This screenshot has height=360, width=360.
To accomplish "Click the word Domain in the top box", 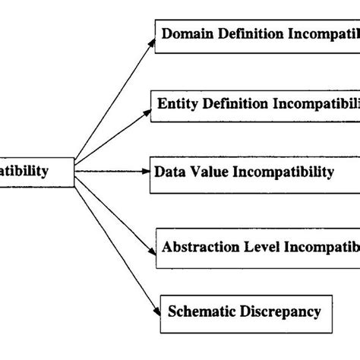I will (x=187, y=35).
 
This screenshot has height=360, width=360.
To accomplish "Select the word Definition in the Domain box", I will (x=250, y=35).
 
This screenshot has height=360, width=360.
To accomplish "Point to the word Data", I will (x=169, y=172).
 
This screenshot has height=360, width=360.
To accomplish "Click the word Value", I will (x=207, y=172).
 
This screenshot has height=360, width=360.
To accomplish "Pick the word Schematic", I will (x=201, y=311).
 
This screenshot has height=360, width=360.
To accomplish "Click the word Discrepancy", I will (x=279, y=311).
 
